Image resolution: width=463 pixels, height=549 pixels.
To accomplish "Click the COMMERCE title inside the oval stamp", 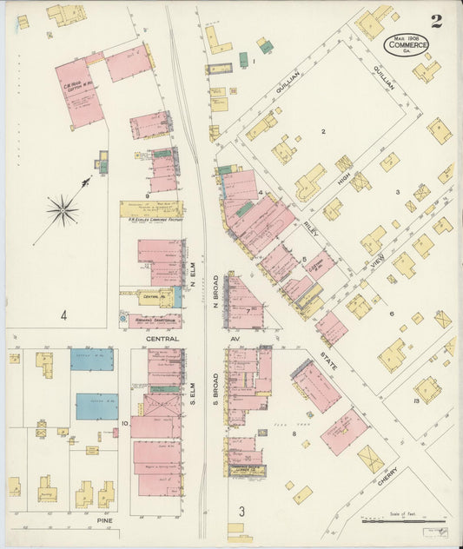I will (407, 44).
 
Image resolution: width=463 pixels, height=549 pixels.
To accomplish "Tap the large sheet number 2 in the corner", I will (436, 21).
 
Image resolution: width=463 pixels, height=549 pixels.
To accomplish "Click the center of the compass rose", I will (63, 208).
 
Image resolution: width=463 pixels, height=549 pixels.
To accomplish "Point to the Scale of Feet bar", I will (403, 521).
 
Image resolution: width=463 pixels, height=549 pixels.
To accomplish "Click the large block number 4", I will (63, 315).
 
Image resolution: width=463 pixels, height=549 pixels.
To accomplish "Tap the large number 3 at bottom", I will (242, 510).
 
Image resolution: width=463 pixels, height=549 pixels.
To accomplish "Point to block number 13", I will (417, 400).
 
